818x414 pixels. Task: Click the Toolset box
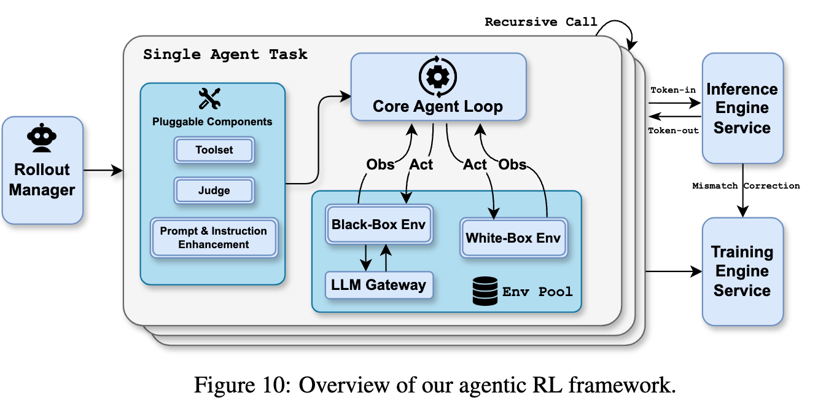coord(214,150)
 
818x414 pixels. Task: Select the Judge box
coord(214,190)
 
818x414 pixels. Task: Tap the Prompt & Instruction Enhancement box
coord(214,238)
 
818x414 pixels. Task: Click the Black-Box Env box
coord(379,224)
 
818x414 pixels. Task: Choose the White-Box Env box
coord(513,238)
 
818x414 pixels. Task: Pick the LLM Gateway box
coord(379,285)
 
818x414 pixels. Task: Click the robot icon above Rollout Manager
coord(42,138)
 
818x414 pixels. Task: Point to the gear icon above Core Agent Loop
coord(437,77)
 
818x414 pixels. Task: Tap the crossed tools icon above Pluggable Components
coord(209,99)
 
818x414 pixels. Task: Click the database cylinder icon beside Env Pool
coord(485,291)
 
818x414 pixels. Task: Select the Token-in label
coord(673,90)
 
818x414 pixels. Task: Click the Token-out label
coord(674,130)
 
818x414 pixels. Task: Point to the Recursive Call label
coord(541,22)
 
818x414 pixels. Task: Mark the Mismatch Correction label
coord(746,186)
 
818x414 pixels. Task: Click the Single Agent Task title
coord(225,55)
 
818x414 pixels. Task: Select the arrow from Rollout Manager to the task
coord(103,170)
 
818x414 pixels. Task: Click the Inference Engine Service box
coord(743,108)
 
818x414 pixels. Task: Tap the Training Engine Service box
coord(743,271)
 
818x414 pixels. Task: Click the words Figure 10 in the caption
coord(242,385)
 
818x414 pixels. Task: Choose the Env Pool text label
coord(537,292)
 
